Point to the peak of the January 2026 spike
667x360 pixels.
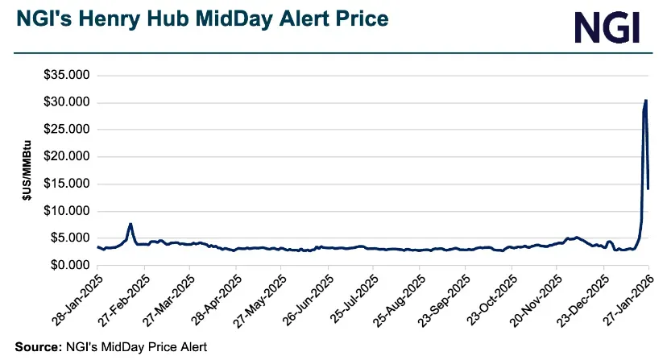tap(646, 101)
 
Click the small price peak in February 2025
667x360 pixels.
tap(130, 224)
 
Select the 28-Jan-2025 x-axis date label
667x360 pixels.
tap(76, 300)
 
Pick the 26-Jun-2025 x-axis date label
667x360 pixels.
tap(306, 300)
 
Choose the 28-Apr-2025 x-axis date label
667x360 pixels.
tap(213, 300)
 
